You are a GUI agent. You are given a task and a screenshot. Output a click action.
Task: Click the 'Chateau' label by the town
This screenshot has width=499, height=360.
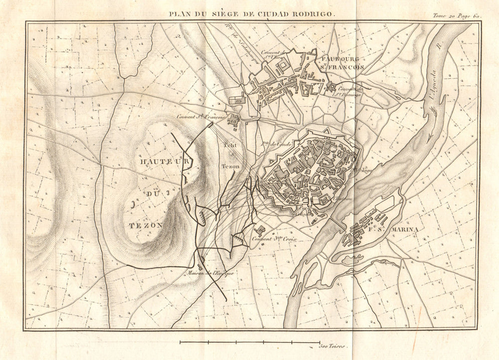pos(341,200)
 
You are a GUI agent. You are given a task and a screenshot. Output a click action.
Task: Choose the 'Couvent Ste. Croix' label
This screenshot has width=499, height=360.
pos(274,239)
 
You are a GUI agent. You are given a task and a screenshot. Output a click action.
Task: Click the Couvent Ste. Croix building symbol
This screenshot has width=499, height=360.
pos(260,230)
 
